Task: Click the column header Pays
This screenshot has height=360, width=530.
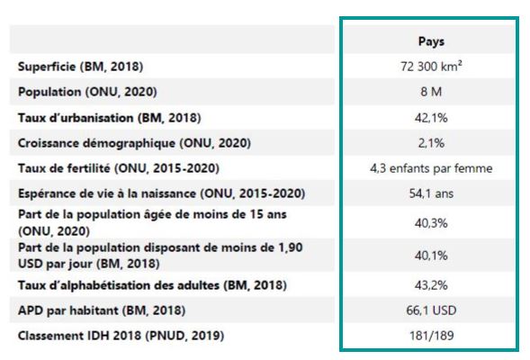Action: coord(431,41)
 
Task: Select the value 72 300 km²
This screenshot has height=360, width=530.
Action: coord(431,67)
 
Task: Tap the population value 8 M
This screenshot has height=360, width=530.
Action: coord(431,92)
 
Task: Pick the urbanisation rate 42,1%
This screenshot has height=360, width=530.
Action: coord(431,118)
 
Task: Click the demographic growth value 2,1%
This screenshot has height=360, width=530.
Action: coord(431,143)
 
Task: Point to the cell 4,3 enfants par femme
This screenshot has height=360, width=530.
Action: coord(431,168)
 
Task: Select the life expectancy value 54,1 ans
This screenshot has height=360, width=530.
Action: coord(431,193)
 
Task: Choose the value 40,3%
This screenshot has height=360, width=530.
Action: coord(431,223)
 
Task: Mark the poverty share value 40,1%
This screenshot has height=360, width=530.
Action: coord(431,256)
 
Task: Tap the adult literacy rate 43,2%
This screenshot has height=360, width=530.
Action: coord(431,285)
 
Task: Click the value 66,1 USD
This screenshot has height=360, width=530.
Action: coord(431,310)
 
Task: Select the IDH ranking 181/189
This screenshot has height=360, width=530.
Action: coord(431,336)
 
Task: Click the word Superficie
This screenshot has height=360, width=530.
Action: coord(47,67)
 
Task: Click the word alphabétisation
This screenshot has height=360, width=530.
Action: coord(140,285)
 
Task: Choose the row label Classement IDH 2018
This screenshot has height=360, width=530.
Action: coord(79,336)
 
